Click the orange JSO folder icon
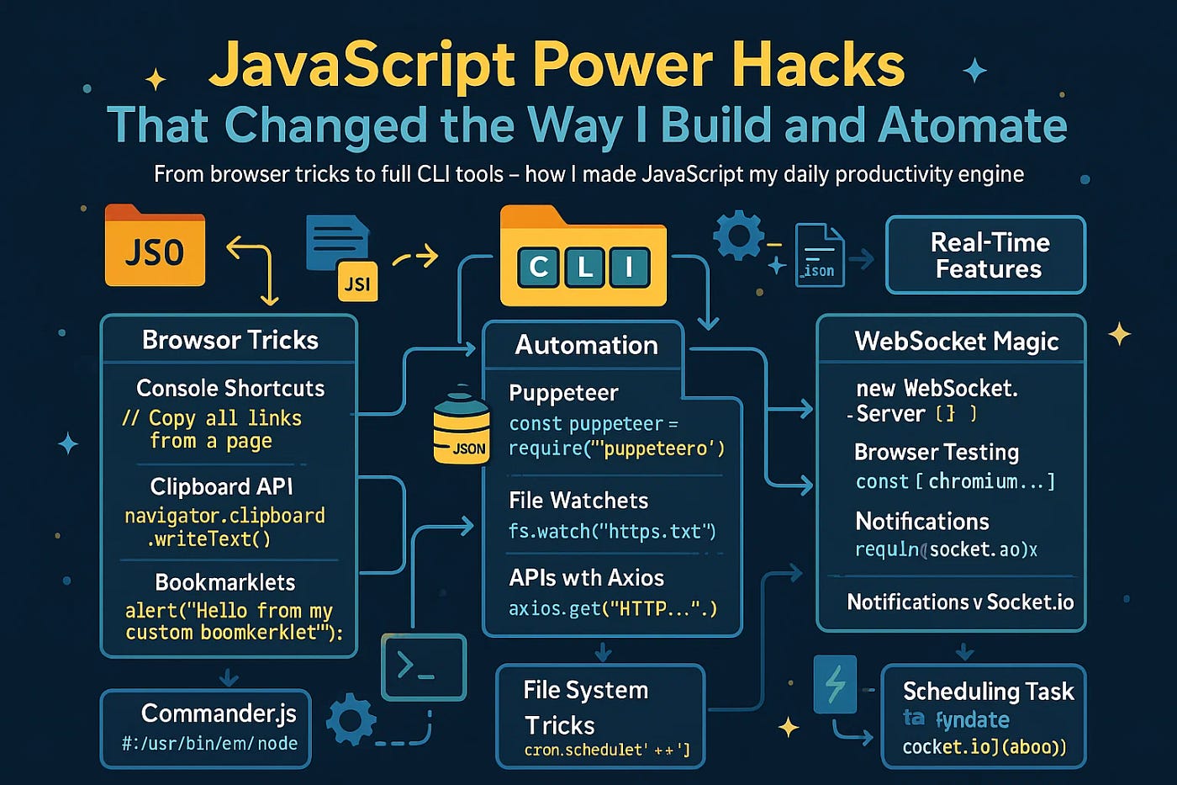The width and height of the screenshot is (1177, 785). click(x=155, y=247)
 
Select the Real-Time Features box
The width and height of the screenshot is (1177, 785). click(x=986, y=255)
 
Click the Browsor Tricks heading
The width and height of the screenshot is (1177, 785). click(x=230, y=340)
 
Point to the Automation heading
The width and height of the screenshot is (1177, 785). click(x=586, y=345)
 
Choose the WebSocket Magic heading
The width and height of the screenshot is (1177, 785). click(x=956, y=341)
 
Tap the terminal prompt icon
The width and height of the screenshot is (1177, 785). click(x=424, y=667)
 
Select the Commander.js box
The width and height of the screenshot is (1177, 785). click(x=207, y=727)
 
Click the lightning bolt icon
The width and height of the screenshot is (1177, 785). click(x=835, y=683)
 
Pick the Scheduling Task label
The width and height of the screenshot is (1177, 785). click(x=988, y=691)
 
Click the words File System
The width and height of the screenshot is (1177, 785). click(x=585, y=690)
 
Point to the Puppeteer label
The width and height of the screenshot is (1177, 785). click(x=563, y=393)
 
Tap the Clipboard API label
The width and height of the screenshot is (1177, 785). click(x=221, y=486)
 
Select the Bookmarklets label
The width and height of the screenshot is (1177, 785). click(x=225, y=582)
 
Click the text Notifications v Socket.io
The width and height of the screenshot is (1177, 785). click(x=960, y=602)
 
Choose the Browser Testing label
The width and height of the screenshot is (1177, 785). click(x=937, y=452)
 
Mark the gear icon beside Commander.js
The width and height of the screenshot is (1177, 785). click(x=351, y=719)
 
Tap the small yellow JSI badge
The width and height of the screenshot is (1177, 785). click(x=357, y=284)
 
